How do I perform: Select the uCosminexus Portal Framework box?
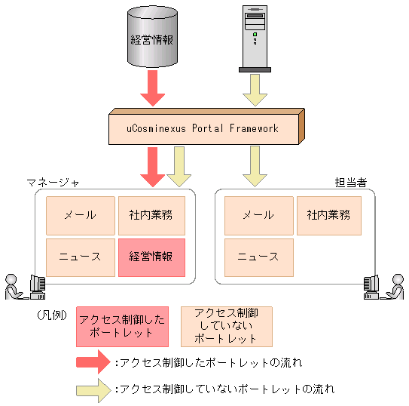pos(203,129)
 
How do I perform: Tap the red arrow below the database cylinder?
pos(153,88)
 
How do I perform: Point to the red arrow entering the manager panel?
pos(153,167)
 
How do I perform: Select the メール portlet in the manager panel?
pos(80,215)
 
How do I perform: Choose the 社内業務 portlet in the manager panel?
pos(151,215)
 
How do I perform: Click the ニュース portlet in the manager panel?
pos(80,257)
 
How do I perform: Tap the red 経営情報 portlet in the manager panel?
pos(151,257)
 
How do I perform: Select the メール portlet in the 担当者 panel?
pos(258,215)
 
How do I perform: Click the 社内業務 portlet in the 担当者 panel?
pos(328,215)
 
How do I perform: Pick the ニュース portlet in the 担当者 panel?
pos(258,257)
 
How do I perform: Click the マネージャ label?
pos(53,183)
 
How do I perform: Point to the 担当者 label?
pos(350,183)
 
